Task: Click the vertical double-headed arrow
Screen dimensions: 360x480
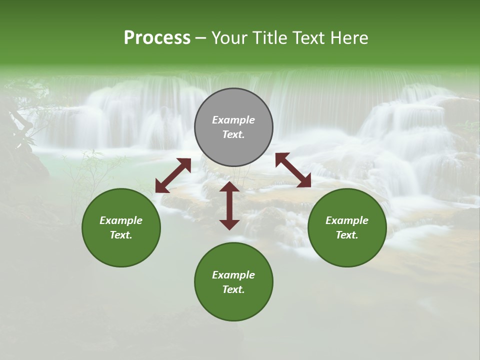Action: tap(229, 205)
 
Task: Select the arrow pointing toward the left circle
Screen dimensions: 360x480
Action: tap(173, 175)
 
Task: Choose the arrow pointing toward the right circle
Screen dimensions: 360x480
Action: tap(293, 170)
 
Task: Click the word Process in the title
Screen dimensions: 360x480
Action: tap(157, 38)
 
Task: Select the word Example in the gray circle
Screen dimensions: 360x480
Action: tap(233, 120)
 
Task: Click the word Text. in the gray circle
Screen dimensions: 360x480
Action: tap(233, 134)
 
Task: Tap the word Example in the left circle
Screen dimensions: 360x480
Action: tap(121, 220)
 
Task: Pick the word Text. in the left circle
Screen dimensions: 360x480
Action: tap(121, 235)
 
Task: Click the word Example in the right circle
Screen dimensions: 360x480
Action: tap(347, 220)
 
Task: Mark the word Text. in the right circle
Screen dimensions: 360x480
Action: tap(347, 235)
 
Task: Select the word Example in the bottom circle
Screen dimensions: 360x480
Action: tap(233, 275)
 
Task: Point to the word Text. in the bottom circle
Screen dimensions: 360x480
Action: tap(233, 289)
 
